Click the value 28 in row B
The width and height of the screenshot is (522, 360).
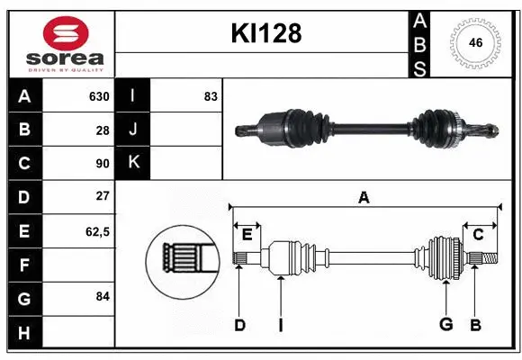103,130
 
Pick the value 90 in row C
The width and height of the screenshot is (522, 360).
103,164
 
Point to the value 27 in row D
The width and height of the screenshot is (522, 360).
103,196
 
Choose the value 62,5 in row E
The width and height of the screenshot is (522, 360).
97,231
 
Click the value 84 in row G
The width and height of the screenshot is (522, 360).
103,295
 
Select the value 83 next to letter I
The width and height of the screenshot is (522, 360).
211,96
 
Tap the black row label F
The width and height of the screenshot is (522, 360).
23,265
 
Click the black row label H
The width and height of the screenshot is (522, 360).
23,332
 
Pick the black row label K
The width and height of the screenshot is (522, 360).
133,163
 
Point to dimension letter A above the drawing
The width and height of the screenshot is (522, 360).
364,198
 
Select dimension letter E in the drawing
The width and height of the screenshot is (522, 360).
247,235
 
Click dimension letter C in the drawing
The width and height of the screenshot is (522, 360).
478,235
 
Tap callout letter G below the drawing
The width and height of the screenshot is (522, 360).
445,325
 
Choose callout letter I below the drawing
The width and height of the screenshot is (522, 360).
280,325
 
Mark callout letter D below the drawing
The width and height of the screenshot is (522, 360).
239,325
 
